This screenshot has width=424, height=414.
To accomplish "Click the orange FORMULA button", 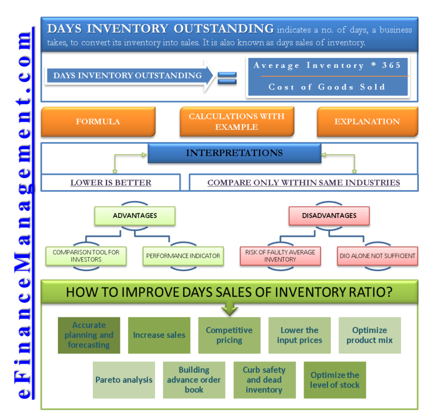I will pyautogui.click(x=98, y=122).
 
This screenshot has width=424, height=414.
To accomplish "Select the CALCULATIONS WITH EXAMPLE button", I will pyautogui.click(x=237, y=122).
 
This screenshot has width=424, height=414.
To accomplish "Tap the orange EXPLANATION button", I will pyautogui.click(x=367, y=122).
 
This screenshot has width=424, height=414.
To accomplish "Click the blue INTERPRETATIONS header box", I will pyautogui.click(x=234, y=153).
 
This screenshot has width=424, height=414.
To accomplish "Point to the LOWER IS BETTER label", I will pyautogui.click(x=110, y=182).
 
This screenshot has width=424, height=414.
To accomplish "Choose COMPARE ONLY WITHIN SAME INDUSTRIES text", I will pyautogui.click(x=304, y=182).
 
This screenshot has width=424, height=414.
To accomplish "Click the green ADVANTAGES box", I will pyautogui.click(x=135, y=216).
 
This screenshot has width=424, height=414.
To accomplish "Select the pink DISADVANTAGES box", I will pyautogui.click(x=329, y=216).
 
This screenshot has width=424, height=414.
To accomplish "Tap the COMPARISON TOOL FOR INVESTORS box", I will pyautogui.click(x=86, y=255).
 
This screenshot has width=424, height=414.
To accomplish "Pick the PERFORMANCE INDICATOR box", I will pyautogui.click(x=183, y=256).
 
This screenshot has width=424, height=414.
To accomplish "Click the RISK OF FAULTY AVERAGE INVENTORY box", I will pyautogui.click(x=280, y=255).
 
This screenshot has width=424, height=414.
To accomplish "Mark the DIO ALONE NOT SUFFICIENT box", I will pyautogui.click(x=377, y=256).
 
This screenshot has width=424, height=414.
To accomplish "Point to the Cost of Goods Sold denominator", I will pyautogui.click(x=327, y=87).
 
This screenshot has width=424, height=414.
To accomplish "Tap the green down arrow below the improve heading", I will pyautogui.click(x=229, y=308).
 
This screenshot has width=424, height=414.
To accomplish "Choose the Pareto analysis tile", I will pyautogui.click(x=124, y=380).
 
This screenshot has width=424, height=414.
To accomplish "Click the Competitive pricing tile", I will pyautogui.click(x=229, y=335).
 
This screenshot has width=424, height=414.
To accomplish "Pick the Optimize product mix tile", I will pyautogui.click(x=369, y=335).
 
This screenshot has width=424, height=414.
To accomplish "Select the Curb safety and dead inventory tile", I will pyautogui.click(x=264, y=380).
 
